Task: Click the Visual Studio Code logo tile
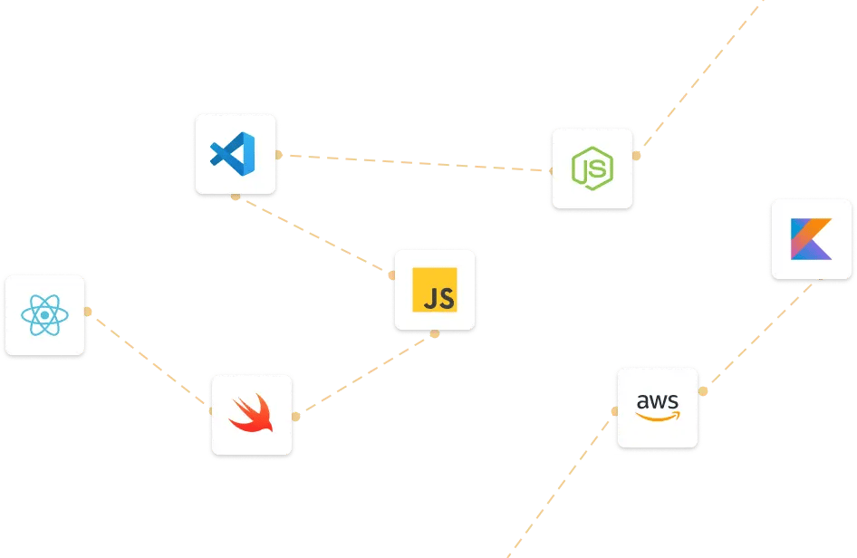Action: pos(235,154)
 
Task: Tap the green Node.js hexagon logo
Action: pos(592,169)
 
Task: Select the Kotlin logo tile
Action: pos(811,239)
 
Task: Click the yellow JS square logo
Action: pos(434,290)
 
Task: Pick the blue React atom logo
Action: pos(44,315)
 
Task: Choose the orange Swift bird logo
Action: pos(251,414)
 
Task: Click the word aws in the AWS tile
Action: pos(657,400)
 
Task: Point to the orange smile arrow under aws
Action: pos(657,416)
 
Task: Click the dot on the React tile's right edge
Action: pos(88,312)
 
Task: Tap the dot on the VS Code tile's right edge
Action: pos(279,155)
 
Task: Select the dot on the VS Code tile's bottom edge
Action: pos(236,197)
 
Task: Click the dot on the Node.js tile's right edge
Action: pos(637,156)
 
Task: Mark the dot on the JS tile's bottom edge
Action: pos(435,333)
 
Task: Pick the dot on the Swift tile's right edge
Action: pos(295,417)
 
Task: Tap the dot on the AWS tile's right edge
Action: pos(702,392)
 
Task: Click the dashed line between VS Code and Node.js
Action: pos(412,163)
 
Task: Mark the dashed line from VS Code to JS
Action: pos(313,235)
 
